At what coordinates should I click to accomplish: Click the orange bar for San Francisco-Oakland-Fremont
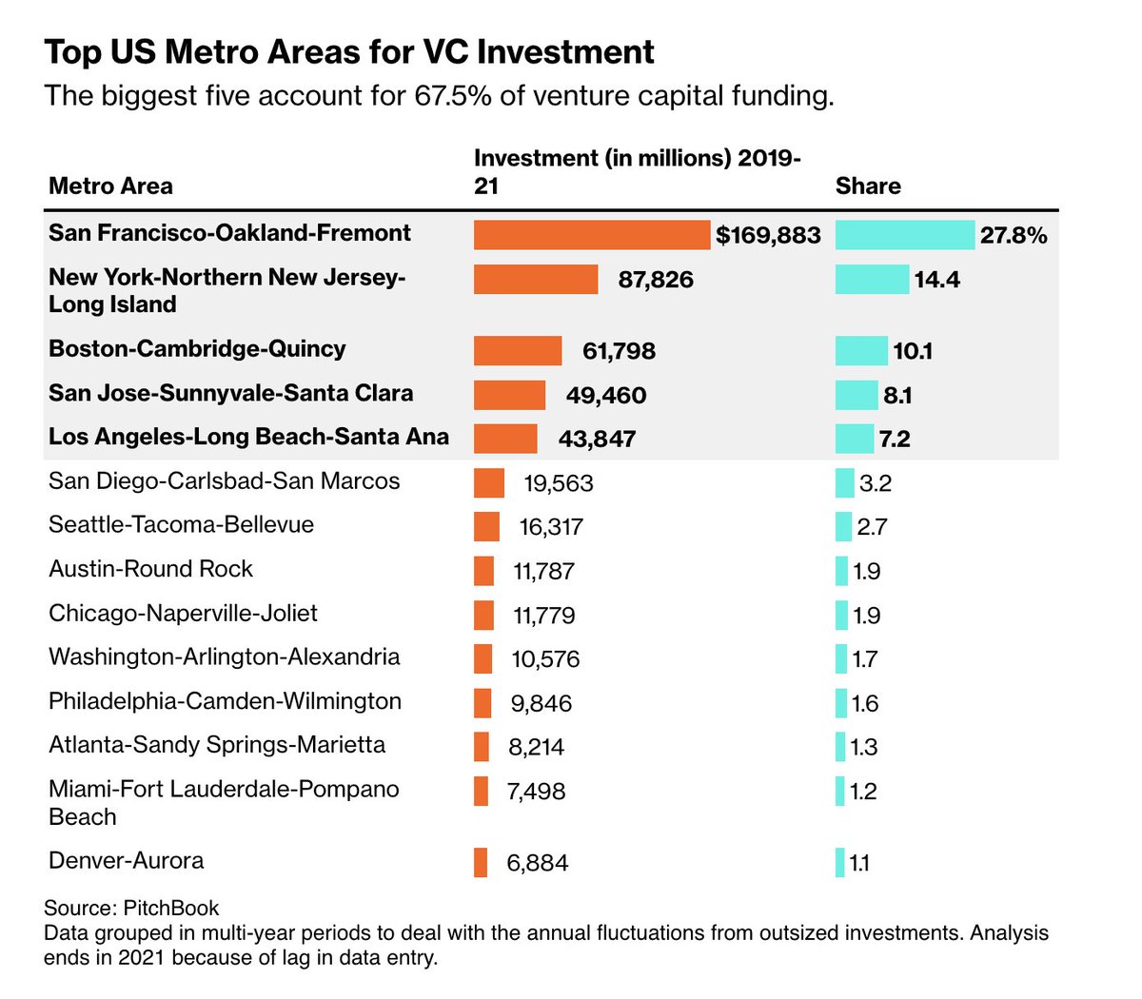pos(591,235)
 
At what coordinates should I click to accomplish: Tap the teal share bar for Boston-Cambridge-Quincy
pos(860,351)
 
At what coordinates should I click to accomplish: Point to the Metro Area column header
pos(110,186)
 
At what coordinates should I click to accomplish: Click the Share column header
pos(867,186)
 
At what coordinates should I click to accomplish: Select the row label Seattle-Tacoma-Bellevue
pos(181,525)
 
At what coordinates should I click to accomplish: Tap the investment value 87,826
pos(656,280)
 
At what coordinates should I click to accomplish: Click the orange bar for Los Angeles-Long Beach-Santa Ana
pos(505,439)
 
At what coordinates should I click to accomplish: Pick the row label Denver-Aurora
pos(126,861)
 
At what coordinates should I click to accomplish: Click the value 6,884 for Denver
pos(537,863)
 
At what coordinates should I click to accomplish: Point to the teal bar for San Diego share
pos(844,483)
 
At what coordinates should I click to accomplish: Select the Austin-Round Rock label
pos(150,569)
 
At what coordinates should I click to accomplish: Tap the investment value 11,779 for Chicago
pos(543,616)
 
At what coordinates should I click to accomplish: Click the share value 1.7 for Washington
pos(864,659)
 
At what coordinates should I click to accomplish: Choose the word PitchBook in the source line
pos(171,908)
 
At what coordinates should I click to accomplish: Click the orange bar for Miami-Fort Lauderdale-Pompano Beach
pos(481,792)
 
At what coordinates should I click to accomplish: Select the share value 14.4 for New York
pos(936,280)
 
